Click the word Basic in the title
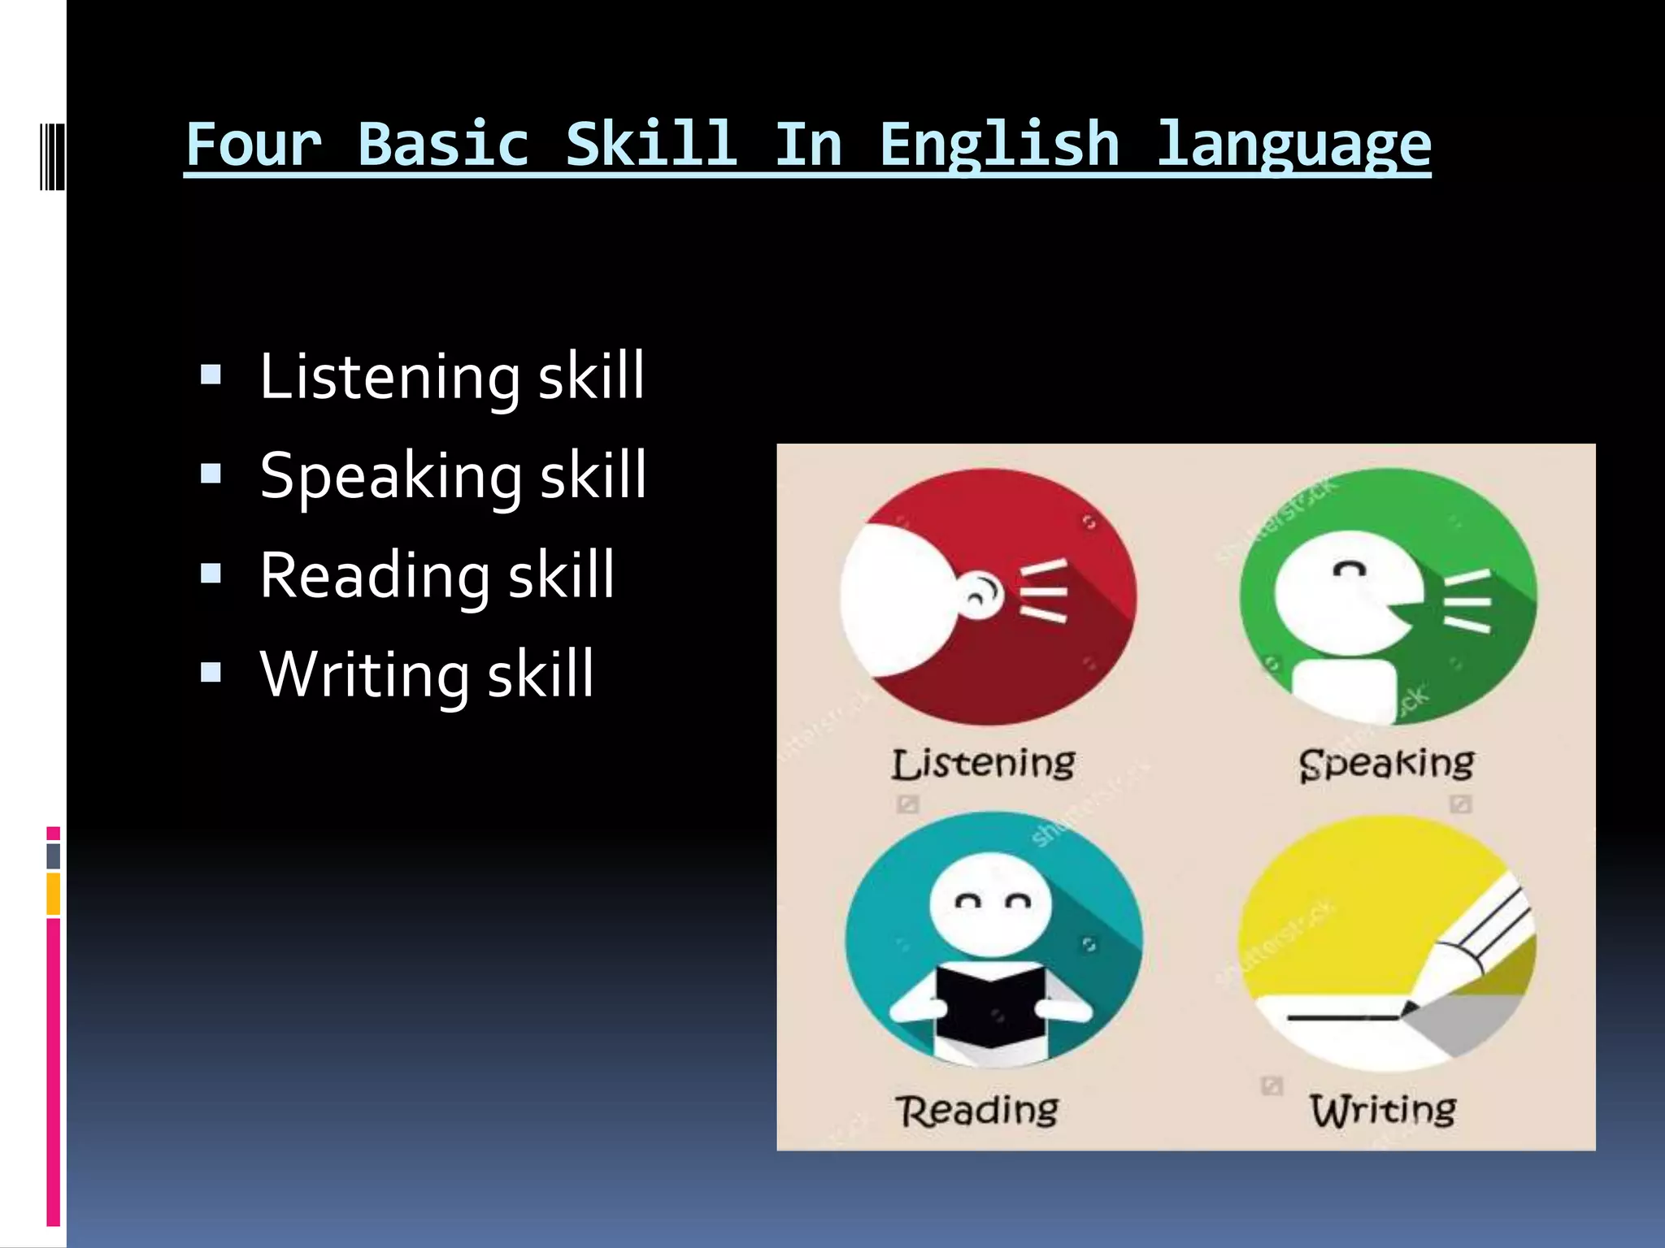click(x=443, y=145)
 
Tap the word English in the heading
click(x=999, y=145)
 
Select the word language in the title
click(x=1293, y=145)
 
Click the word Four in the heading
click(x=254, y=145)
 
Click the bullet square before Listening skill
click(x=211, y=375)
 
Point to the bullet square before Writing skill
click(x=211, y=672)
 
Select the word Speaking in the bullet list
click(x=391, y=476)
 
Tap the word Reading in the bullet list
click(x=375, y=575)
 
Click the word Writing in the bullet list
click(x=364, y=674)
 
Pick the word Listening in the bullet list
click(x=389, y=376)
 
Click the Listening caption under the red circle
click(x=983, y=764)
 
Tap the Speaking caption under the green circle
click(x=1386, y=764)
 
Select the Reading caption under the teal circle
click(x=977, y=1110)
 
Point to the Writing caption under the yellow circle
click(x=1383, y=1110)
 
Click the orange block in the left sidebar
click(x=54, y=893)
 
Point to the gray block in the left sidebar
click(x=54, y=856)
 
